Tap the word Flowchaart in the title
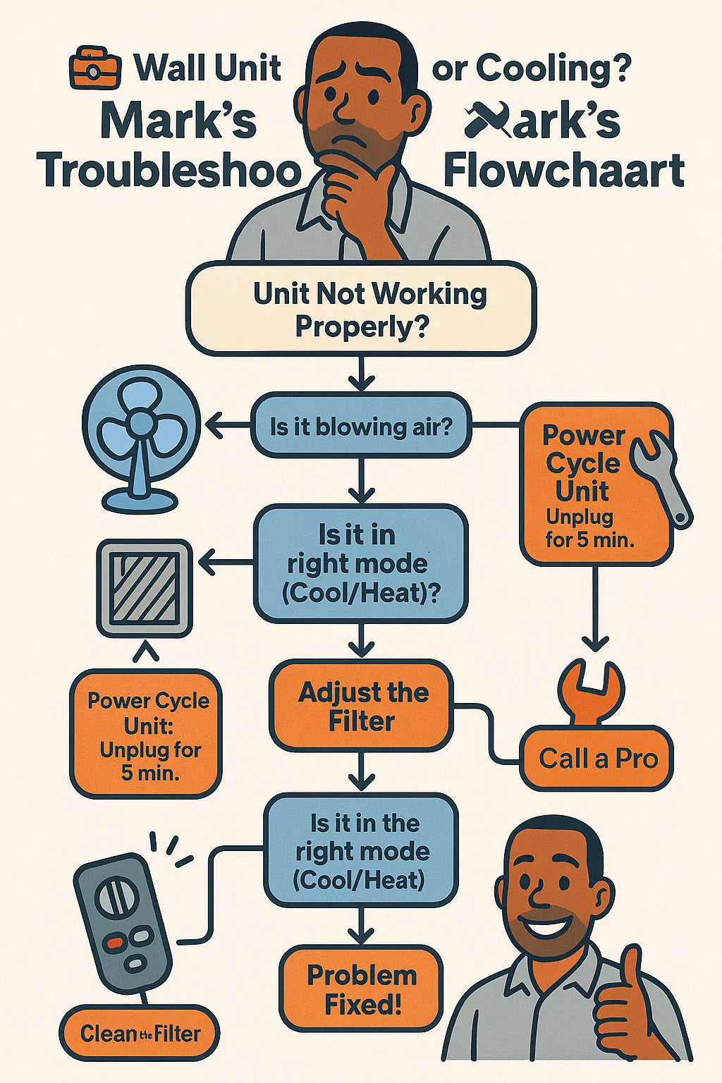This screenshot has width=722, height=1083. [564, 171]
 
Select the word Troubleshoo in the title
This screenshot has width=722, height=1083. [169, 171]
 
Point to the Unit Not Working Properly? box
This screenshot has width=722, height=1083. [361, 309]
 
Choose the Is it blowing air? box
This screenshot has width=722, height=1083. [360, 427]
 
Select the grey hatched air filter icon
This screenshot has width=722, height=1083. [145, 587]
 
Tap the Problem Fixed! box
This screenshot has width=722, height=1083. [362, 989]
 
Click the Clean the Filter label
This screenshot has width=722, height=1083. [140, 1034]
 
